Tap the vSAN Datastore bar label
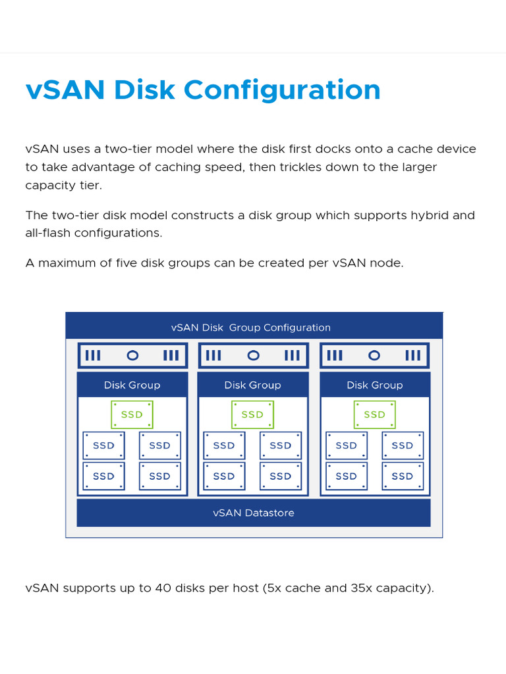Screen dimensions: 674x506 coord(254,513)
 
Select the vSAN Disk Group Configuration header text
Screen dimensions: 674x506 coord(251,327)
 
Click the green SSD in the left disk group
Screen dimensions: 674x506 coord(132,415)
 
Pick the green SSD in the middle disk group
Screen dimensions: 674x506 coord(252,415)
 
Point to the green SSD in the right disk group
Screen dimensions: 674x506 coord(374,415)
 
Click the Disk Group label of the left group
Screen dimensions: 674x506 coord(132,385)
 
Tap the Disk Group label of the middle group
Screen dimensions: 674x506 coord(252,385)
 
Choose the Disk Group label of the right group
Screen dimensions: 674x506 coord(374,385)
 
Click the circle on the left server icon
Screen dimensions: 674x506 coord(132,355)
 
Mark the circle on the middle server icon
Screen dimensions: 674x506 coord(253,355)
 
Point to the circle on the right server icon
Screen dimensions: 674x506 coord(374,355)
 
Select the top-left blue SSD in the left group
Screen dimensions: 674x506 coord(103,446)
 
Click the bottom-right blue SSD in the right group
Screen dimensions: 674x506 coord(403,476)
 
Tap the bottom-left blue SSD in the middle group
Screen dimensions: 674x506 coord(224,476)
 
